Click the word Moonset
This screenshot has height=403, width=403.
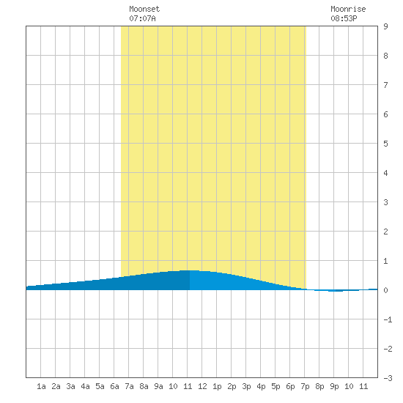click(x=144, y=9)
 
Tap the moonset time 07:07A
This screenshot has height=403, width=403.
click(x=142, y=18)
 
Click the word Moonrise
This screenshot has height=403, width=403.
click(x=348, y=9)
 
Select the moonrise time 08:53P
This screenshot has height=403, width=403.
click(x=344, y=18)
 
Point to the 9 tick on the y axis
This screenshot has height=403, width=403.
click(x=385, y=26)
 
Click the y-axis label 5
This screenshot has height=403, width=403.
click(x=385, y=144)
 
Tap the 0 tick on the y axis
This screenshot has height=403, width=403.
click(x=385, y=290)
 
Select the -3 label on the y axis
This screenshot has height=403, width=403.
click(x=388, y=378)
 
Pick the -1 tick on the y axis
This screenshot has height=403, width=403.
click(x=388, y=319)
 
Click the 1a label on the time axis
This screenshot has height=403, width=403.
click(x=41, y=386)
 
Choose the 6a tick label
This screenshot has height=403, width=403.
click(x=114, y=386)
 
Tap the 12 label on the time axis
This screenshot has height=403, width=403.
click(x=202, y=386)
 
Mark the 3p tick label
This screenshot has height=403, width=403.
click(x=246, y=386)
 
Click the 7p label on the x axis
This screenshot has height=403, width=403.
click(x=305, y=386)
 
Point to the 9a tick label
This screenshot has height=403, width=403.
click(x=158, y=386)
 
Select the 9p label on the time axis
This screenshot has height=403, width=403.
click(x=334, y=386)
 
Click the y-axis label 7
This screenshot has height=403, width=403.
click(x=385, y=85)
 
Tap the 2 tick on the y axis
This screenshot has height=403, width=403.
click(x=385, y=232)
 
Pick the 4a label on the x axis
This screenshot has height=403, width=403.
click(x=85, y=386)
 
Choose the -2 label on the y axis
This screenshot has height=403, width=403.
click(x=388, y=349)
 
